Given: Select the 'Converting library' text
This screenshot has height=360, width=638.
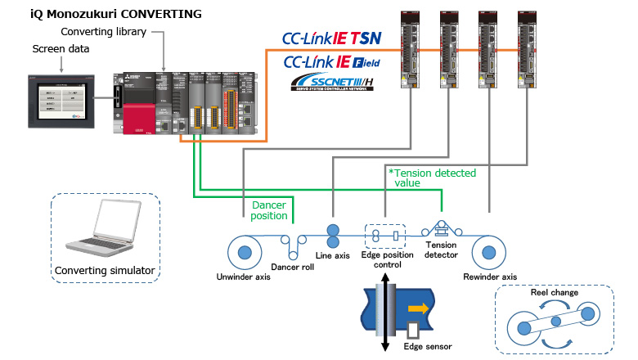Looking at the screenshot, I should coord(104,32).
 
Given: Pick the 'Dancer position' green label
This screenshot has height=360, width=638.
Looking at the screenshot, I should coord(270,210).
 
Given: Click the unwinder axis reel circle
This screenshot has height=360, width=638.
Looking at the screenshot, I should coord(244,250).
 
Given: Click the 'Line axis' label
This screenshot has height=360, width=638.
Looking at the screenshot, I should coord(333,256).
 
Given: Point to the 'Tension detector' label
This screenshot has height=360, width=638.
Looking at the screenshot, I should coord(442,250).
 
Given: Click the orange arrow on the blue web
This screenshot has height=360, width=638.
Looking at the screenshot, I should coord(417,310).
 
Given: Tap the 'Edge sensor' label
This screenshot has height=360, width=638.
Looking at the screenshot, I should coord(428,346).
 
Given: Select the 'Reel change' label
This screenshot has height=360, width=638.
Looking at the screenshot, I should coord(555,293).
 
